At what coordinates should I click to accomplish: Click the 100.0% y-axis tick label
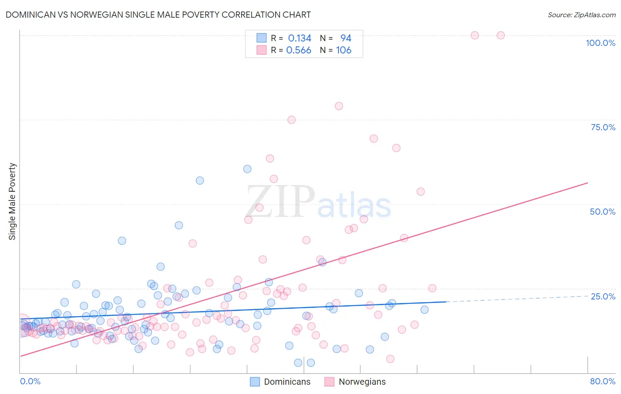(x=600, y=43)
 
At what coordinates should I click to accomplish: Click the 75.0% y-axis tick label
(x=603, y=127)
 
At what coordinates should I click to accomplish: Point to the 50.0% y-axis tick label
(x=602, y=212)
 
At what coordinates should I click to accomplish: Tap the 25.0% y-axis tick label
(x=603, y=296)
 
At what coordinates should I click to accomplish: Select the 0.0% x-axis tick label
(x=30, y=381)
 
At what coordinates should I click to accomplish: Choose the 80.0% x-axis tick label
(x=602, y=381)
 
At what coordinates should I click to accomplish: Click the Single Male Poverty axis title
(x=12, y=201)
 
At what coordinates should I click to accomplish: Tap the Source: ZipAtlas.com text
(x=581, y=15)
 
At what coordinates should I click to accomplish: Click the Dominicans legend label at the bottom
(x=287, y=382)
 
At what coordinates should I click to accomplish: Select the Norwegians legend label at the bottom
(x=362, y=382)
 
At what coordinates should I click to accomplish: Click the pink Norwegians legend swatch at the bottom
(x=329, y=382)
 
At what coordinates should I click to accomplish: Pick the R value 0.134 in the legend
(x=299, y=38)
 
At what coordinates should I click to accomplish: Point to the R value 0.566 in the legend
(x=299, y=50)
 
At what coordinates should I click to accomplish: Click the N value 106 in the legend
(x=344, y=50)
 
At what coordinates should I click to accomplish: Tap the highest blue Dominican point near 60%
(x=247, y=169)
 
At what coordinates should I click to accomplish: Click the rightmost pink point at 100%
(x=500, y=35)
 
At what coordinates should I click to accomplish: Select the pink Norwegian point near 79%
(x=339, y=106)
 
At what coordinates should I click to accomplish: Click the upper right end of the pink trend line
(x=587, y=182)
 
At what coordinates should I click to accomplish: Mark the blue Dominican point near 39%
(x=122, y=241)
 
